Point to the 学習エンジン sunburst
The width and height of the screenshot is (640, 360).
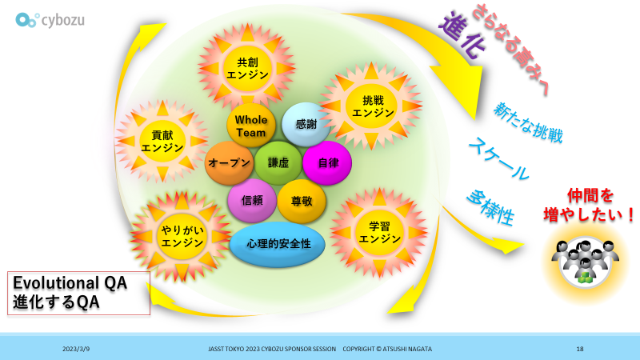click(x=374, y=232)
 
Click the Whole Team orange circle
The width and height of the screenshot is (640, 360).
click(x=250, y=126)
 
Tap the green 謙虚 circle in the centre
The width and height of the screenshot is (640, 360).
click(x=278, y=162)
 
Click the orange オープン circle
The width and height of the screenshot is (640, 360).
click(x=229, y=162)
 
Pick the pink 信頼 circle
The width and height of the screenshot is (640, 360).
click(x=251, y=202)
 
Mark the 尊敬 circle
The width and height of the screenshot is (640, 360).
click(x=301, y=202)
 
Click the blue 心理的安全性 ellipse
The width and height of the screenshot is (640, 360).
click(x=278, y=242)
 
